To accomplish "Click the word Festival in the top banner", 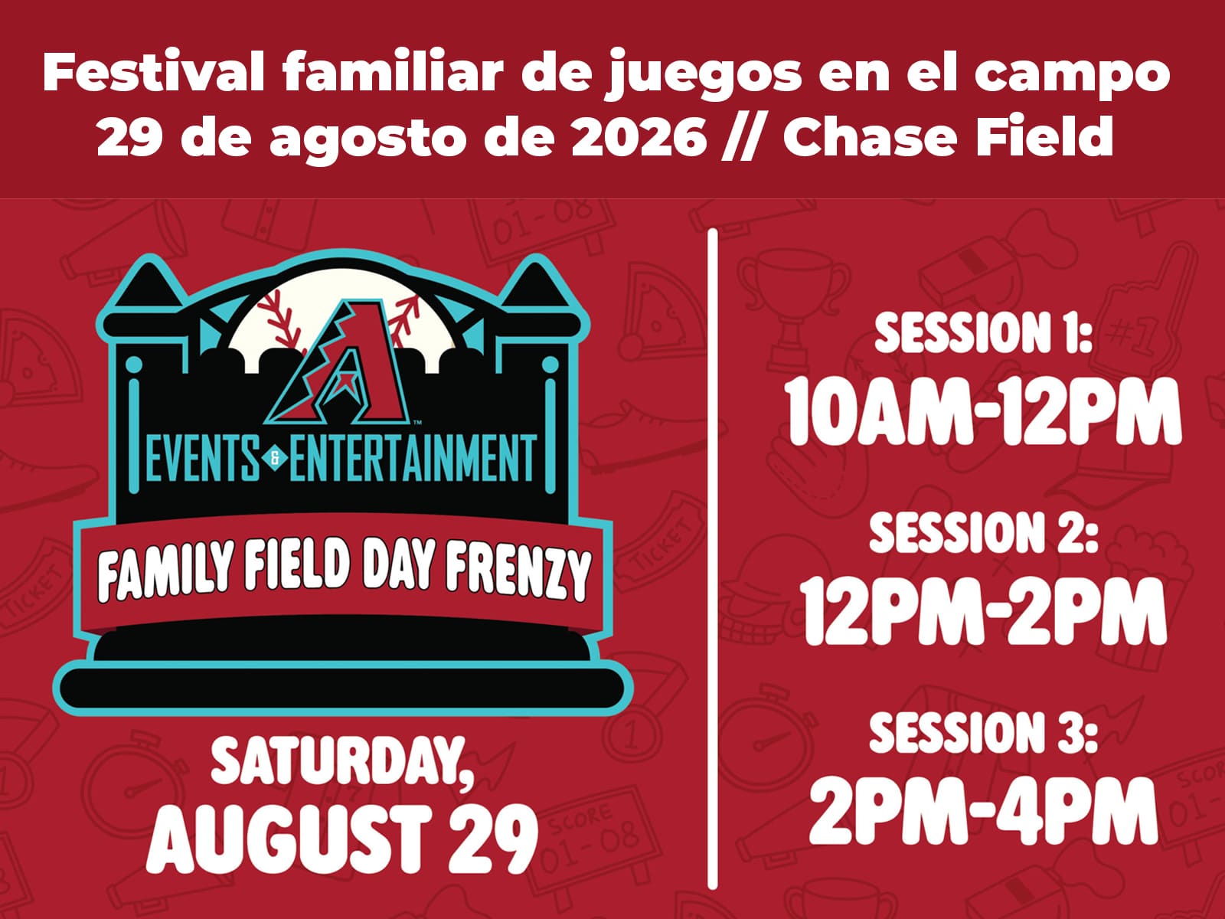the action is click(153, 72).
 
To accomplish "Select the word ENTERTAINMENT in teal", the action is click(413, 458).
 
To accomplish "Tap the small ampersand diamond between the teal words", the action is click(275, 459).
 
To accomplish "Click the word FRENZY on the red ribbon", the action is click(518, 573).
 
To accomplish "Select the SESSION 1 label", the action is click(983, 333).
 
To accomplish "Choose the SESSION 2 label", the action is click(984, 532).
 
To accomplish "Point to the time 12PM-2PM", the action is click(982, 612).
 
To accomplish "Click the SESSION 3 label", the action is click(983, 732).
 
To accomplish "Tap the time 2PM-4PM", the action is click(983, 811).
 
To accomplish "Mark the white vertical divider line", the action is click(713, 558).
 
